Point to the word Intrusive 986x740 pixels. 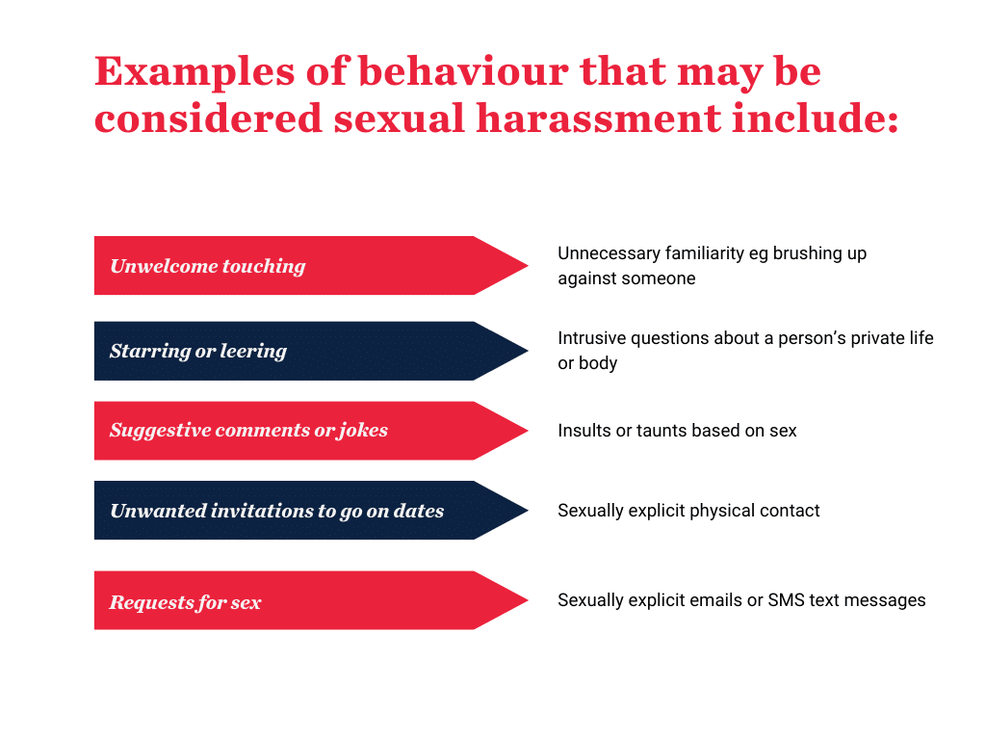point(593,338)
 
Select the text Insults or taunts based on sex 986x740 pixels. point(677,431)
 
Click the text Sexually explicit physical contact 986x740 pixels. point(688,511)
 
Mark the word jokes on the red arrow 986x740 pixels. point(363,431)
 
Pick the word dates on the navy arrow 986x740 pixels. point(419,511)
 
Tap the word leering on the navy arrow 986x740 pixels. point(254,351)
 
